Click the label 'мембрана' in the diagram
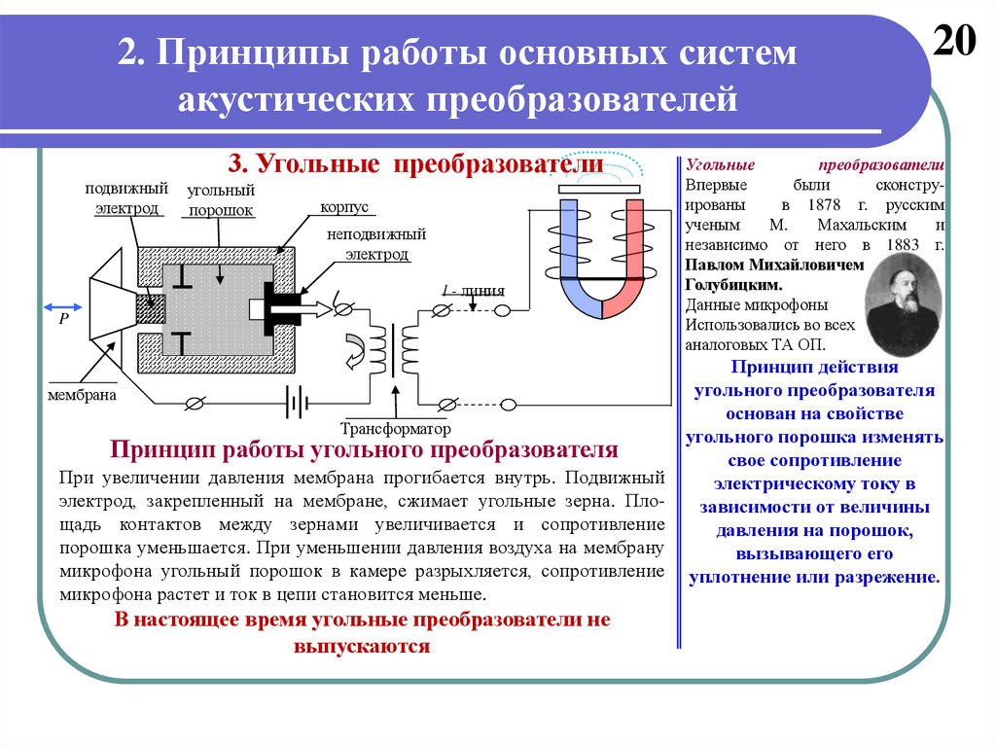(83, 396)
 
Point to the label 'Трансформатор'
(397, 429)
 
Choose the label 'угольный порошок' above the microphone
(221, 200)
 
